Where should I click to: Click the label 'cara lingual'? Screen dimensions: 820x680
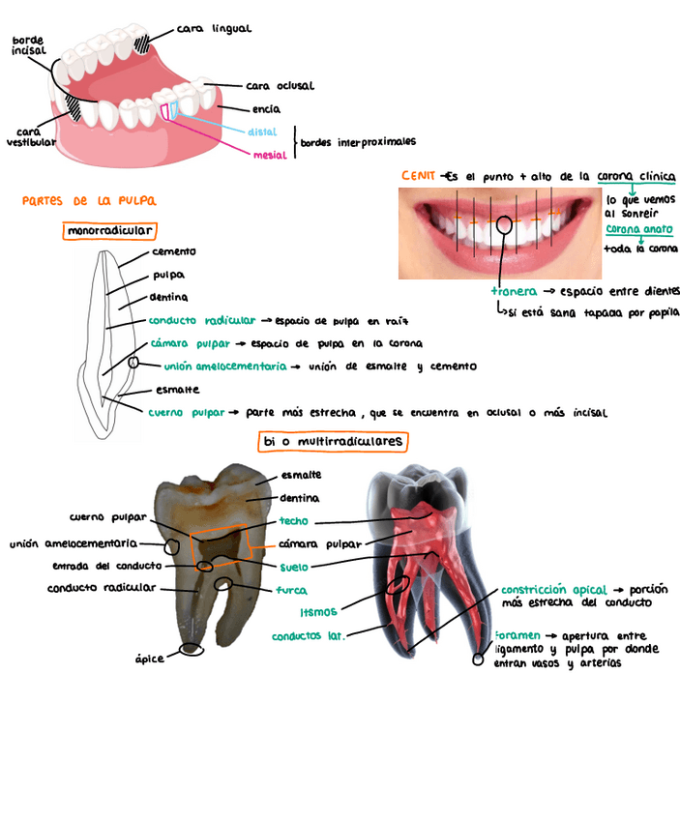[215, 30]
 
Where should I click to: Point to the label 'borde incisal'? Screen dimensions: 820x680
[28, 45]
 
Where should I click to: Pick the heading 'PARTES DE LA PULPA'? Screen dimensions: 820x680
[89, 201]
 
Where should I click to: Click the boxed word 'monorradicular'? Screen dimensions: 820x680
[110, 231]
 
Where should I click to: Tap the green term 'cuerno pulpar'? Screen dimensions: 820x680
[187, 412]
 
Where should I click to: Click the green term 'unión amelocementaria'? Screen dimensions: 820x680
[225, 367]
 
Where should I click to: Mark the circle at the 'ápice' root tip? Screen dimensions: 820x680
[192, 649]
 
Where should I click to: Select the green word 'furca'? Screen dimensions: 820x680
[291, 590]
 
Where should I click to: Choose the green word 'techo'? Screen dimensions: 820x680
[293, 521]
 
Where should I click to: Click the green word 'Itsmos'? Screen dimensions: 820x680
[318, 612]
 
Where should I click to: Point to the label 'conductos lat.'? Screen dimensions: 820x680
[308, 636]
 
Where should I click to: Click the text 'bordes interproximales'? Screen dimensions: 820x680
[358, 142]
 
